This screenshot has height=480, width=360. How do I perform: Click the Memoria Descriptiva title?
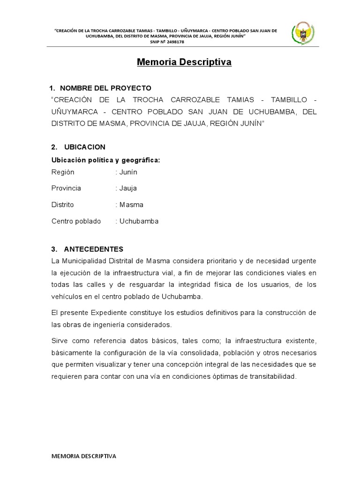[x=184, y=62]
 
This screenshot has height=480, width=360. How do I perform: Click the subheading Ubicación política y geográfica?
[x=105, y=160]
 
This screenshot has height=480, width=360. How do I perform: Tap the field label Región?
[x=63, y=172]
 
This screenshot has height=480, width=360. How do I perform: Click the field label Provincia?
[x=66, y=188]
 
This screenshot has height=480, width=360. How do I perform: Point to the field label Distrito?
[x=62, y=205]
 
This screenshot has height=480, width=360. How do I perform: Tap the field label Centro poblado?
[x=76, y=221]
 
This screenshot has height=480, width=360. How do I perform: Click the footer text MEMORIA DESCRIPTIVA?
[x=84, y=456]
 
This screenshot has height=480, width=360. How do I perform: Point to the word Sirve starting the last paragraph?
[x=59, y=339]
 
